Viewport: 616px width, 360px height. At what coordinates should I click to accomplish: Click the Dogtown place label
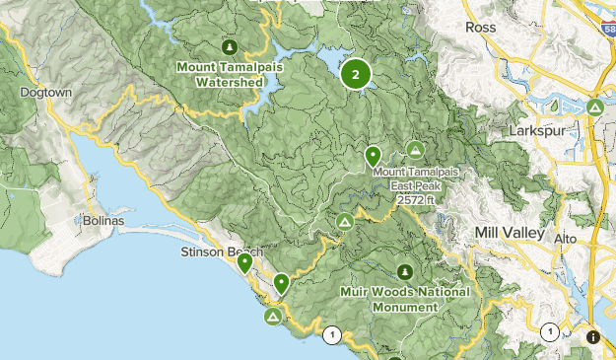[40, 92]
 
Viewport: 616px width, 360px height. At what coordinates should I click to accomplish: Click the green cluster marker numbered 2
[355, 74]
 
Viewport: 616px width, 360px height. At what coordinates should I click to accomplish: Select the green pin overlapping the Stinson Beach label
[244, 262]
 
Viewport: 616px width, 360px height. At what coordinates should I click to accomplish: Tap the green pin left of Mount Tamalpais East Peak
[373, 155]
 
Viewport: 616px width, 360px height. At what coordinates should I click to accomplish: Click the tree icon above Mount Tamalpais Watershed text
[229, 46]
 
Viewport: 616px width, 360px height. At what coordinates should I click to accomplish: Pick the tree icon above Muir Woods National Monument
[404, 271]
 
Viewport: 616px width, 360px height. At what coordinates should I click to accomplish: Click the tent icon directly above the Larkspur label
[594, 107]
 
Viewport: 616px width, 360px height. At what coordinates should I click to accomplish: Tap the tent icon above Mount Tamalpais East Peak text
[415, 149]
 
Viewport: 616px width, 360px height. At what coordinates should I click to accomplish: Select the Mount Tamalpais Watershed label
[221, 75]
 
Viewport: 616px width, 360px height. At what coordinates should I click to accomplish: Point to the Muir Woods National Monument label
[402, 299]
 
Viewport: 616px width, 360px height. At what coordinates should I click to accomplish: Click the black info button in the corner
[591, 337]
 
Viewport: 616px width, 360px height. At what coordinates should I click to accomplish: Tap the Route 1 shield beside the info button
[550, 331]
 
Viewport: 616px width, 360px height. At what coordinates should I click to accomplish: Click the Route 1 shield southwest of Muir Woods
[333, 335]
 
